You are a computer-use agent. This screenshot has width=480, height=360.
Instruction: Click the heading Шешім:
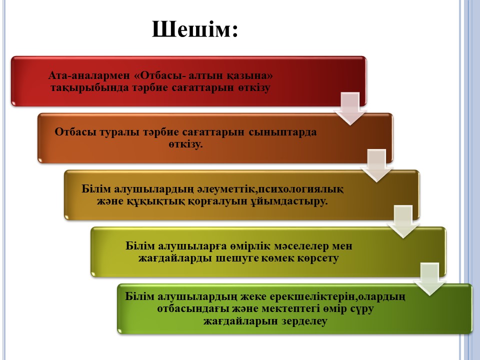(x=194, y=29)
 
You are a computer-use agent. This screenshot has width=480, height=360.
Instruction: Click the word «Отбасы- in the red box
(x=160, y=75)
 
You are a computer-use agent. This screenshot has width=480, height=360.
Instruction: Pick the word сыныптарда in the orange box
(x=282, y=132)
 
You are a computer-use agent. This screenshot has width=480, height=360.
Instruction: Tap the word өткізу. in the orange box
(x=185, y=144)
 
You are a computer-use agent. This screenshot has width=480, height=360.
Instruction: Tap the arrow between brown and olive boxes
(x=403, y=221)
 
